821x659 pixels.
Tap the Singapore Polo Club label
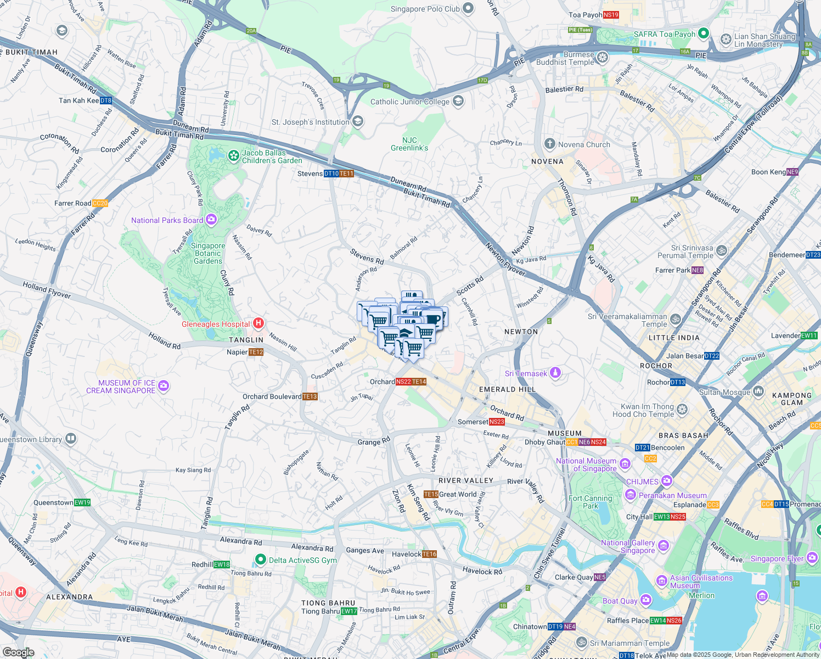pos(425,9)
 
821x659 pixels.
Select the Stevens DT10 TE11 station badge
pos(339,174)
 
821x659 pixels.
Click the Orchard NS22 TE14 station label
pos(398,382)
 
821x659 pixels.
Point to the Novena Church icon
pos(549,144)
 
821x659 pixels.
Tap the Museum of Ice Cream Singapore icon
pos(164,386)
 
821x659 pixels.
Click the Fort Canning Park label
pos(590,502)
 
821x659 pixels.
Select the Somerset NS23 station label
pos(481,422)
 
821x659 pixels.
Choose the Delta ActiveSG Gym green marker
pos(261,560)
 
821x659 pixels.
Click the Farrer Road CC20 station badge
pos(100,203)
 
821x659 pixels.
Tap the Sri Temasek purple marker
pos(555,373)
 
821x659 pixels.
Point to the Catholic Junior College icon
pos(458,102)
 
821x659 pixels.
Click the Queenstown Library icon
pos(71,439)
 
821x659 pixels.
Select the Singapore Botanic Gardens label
pos(208,253)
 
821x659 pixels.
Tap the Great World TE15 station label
pos(450,494)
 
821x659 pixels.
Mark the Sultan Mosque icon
pos(758,391)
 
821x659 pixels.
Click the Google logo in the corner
pos(18,652)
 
